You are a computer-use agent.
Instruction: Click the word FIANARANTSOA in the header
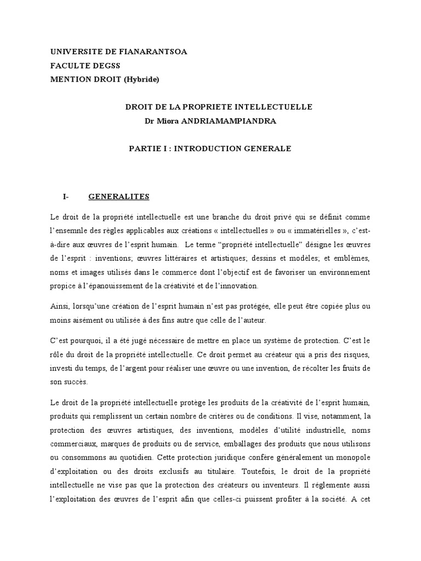point(156,51)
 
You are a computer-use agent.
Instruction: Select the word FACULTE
point(70,65)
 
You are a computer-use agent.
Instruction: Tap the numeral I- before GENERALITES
point(66,197)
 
